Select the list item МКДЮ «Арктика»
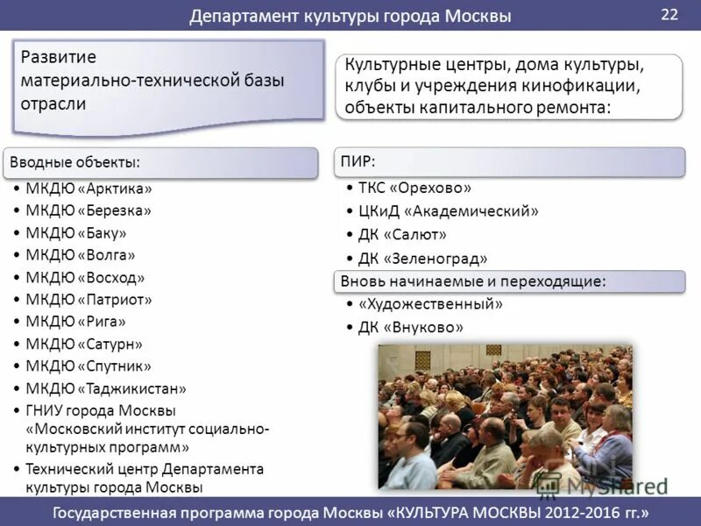click(x=89, y=188)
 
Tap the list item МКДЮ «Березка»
click(x=89, y=210)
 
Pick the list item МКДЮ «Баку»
click(x=76, y=233)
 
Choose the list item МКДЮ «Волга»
click(x=81, y=255)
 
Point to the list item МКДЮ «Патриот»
click(x=89, y=300)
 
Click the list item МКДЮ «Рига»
click(x=75, y=322)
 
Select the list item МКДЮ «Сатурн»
click(x=84, y=345)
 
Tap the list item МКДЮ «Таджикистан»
click(x=106, y=388)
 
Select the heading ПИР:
click(x=358, y=161)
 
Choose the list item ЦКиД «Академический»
click(x=449, y=211)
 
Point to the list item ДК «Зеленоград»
click(x=423, y=259)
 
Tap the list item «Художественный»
click(x=431, y=304)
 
